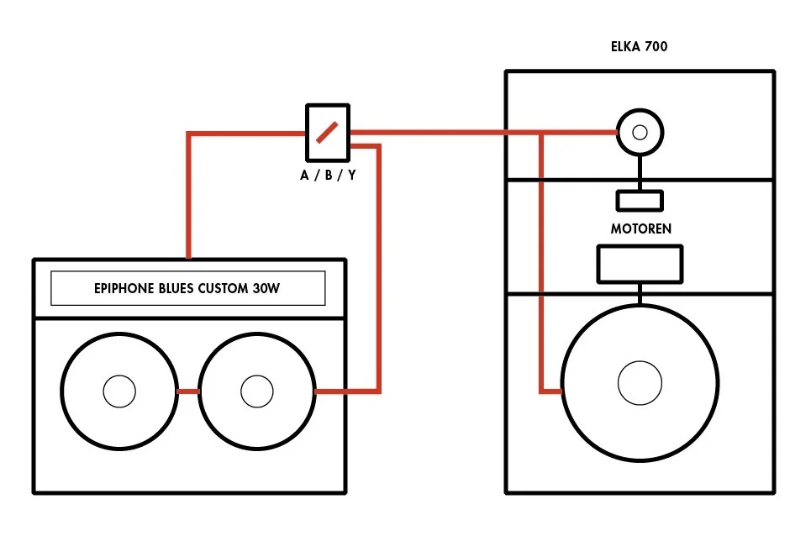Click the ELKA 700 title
(639, 47)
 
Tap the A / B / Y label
(327, 176)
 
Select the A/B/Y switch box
(327, 132)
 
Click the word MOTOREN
(640, 228)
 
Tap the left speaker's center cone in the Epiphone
(118, 391)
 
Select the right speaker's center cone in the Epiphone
(256, 391)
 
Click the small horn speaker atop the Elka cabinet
(640, 132)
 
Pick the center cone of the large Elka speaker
(640, 383)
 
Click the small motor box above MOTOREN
(640, 201)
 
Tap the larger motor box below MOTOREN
(640, 264)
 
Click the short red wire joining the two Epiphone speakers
(187, 391)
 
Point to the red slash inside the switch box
(328, 132)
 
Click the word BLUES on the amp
(178, 289)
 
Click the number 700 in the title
(656, 47)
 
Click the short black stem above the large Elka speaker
(640, 294)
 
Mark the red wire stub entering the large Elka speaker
(551, 391)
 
